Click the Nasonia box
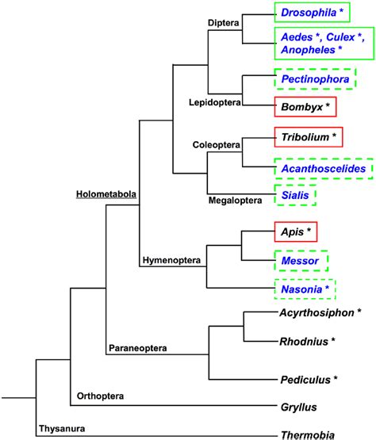tap(305, 290)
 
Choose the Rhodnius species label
tap(305, 342)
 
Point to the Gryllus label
tap(299, 407)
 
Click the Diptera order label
tap(223, 21)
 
